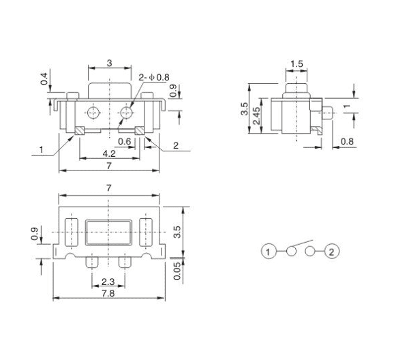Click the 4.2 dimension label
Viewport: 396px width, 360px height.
click(x=108, y=155)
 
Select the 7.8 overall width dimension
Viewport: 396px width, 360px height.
click(x=108, y=293)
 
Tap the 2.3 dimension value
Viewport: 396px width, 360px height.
click(x=107, y=280)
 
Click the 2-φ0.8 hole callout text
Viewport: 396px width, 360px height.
click(x=153, y=77)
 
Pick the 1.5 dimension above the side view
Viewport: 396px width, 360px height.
click(x=296, y=64)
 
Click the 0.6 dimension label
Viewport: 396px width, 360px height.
click(x=125, y=142)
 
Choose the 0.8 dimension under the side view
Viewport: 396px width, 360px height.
click(x=346, y=142)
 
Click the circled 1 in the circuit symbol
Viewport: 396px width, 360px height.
click(x=269, y=252)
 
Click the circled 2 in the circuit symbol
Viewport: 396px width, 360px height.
click(x=332, y=252)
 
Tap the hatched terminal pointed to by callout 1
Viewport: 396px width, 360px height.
click(x=79, y=130)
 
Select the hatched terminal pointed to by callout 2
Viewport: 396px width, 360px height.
click(x=139, y=130)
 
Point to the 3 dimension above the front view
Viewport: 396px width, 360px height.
click(x=109, y=63)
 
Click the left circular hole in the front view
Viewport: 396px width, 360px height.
click(x=93, y=111)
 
